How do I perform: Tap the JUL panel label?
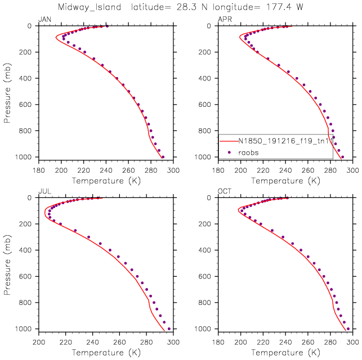click(x=43, y=192)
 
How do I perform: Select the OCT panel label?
click(x=224, y=192)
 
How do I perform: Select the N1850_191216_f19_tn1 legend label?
click(x=285, y=141)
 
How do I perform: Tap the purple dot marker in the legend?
click(x=229, y=152)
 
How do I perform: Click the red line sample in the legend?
click(x=228, y=141)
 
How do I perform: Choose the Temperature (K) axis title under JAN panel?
click(x=105, y=181)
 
